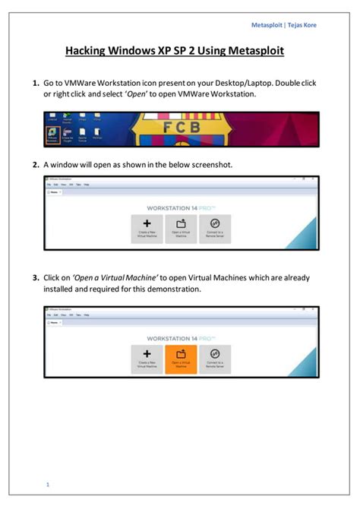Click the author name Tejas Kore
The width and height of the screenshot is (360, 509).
305,25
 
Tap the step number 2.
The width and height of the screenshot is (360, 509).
35,164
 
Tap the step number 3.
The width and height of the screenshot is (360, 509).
35,278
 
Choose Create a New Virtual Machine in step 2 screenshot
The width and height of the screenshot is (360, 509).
147,228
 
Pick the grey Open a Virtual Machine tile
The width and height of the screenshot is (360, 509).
181,228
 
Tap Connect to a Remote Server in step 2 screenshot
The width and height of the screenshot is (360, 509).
215,228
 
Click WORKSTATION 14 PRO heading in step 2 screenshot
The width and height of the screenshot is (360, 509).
180,207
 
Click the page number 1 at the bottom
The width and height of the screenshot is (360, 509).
47,484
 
